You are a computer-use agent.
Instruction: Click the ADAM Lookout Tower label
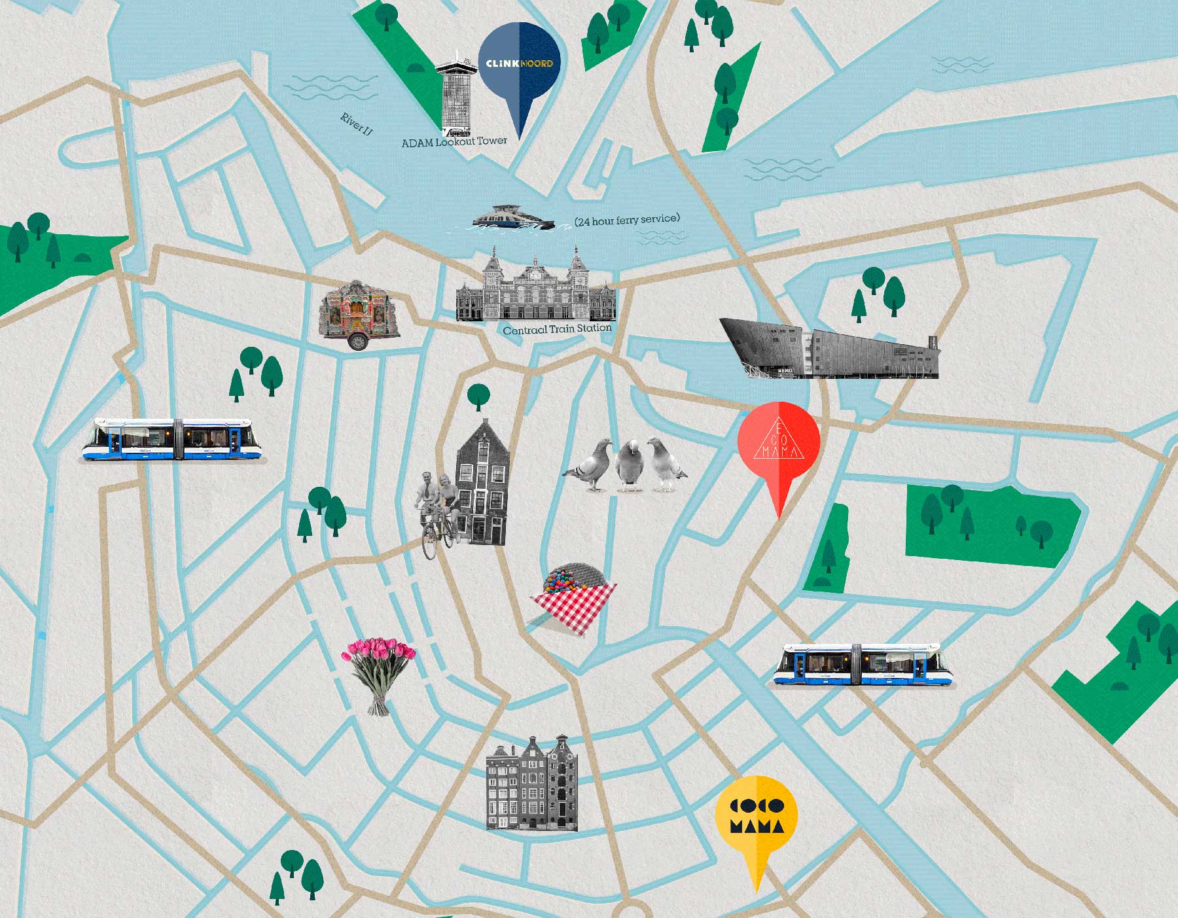[454, 141]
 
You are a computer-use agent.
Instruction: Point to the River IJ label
[356, 124]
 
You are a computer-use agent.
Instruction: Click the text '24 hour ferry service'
[627, 219]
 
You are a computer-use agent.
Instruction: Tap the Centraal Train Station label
[557, 329]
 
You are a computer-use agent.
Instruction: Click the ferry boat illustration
[514, 218]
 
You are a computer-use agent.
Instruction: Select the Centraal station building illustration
[535, 288]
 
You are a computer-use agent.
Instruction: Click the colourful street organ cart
[359, 314]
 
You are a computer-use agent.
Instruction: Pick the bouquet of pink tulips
[378, 674]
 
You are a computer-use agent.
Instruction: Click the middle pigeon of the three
[629, 465]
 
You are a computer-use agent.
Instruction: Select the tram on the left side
[172, 440]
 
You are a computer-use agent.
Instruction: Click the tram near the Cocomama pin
[863, 665]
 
